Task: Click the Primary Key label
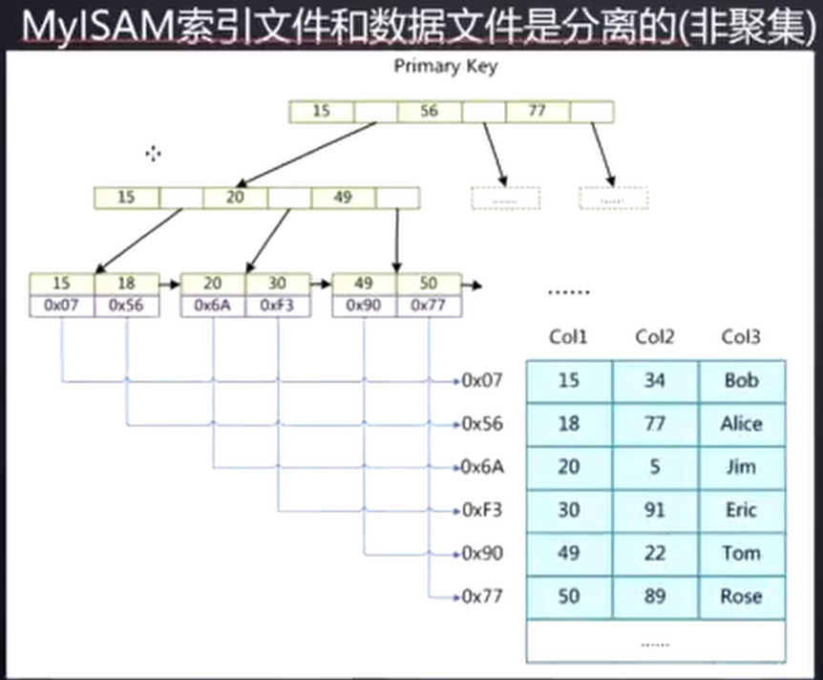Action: [x=445, y=67]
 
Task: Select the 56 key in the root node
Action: [x=429, y=112]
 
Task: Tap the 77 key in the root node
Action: [x=537, y=112]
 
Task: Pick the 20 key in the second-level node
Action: [x=235, y=198]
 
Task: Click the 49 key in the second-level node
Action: [x=343, y=198]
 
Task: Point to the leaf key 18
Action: [x=127, y=284]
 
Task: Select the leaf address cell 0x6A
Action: [x=213, y=307]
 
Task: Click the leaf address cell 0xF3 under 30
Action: [x=278, y=307]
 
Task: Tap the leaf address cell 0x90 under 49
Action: [x=364, y=307]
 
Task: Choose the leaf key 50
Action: [x=429, y=284]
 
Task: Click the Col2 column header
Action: [x=655, y=337]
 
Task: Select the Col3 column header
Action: [x=741, y=337]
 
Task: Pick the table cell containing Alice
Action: [x=742, y=423]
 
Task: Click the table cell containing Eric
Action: [x=742, y=510]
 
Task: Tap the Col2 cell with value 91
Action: [x=655, y=510]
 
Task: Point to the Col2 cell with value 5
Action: [x=655, y=467]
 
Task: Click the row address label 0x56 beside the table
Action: [x=481, y=423]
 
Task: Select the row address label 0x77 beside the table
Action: [x=481, y=597]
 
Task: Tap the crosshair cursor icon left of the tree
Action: [x=153, y=154]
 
